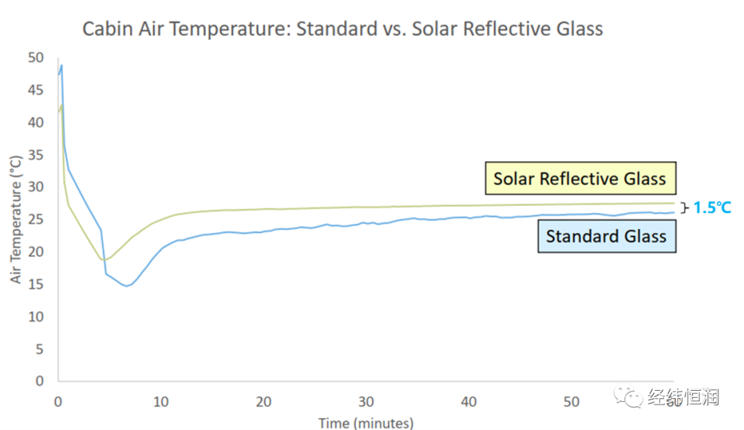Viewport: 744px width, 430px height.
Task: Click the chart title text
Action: tap(342, 29)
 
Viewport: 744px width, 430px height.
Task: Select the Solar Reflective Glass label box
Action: tap(579, 179)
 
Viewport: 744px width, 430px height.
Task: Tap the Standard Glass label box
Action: tap(606, 236)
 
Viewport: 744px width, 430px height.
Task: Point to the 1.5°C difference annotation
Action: tap(712, 207)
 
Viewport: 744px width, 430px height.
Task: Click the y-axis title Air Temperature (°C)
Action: tap(16, 219)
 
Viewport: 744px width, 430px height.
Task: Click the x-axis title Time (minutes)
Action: tap(365, 422)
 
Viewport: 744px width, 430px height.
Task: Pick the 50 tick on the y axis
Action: tap(36, 57)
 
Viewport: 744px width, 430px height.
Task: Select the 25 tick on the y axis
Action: tap(36, 219)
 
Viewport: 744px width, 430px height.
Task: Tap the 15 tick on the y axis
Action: tap(36, 284)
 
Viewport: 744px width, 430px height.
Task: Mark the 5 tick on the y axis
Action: tap(39, 349)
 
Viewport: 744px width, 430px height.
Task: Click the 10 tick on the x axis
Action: tap(161, 401)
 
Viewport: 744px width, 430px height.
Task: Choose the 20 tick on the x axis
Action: tap(263, 401)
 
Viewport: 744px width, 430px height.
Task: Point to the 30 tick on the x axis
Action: tap(366, 401)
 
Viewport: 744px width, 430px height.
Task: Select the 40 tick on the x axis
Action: tap(468, 401)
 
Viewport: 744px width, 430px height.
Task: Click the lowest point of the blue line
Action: tap(126, 285)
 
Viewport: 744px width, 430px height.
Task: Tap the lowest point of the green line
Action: tap(103, 260)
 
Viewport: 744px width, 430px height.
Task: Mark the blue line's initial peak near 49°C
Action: tap(61, 65)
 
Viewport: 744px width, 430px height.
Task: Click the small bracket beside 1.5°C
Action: tap(684, 207)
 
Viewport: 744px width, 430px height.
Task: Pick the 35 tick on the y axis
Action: tap(36, 154)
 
